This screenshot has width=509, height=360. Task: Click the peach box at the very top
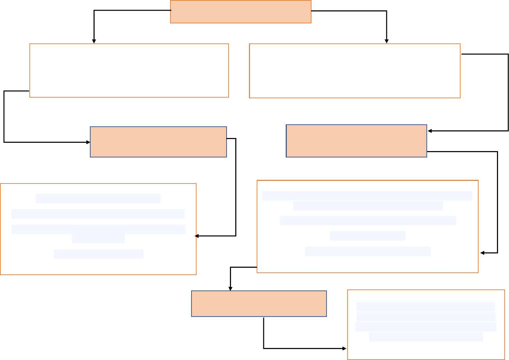241,12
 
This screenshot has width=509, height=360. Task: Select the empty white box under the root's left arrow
129,71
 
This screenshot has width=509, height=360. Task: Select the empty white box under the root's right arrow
355,71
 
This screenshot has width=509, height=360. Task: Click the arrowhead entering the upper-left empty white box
94,41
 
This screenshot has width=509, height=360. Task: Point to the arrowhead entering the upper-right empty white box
387,41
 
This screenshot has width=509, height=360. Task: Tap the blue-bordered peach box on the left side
158,142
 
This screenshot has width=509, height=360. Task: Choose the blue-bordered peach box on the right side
356,141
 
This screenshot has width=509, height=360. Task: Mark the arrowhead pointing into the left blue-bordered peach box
88,142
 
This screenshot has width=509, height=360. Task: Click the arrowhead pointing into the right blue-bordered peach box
430,131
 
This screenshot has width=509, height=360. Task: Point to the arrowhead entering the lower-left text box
197,236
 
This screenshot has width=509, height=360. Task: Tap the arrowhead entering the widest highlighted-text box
482,253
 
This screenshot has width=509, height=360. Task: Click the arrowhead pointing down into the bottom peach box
230,288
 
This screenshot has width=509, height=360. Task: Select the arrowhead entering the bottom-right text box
345,349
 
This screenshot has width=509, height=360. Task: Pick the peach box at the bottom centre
259,304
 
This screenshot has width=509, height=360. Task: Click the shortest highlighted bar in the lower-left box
98,239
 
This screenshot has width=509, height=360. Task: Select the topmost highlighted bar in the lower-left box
98,199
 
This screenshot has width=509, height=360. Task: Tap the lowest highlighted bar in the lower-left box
98,254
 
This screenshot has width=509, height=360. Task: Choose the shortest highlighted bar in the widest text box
367,236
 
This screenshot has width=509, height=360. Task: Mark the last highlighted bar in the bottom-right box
426,337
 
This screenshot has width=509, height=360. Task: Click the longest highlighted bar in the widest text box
367,196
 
